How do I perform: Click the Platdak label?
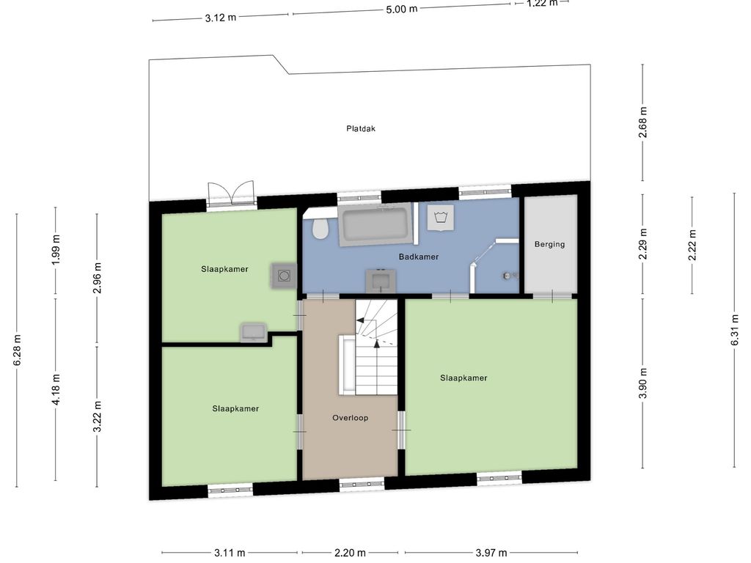pos(361,128)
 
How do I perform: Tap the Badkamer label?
pos(419,257)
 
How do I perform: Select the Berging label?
pos(549,244)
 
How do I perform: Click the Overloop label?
pos(350,418)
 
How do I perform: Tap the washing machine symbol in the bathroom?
pos(441,218)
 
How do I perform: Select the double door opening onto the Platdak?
pos(231,194)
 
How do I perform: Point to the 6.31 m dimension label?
pos(734,329)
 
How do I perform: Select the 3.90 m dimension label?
pos(642,383)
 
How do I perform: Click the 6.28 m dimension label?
pos(17,350)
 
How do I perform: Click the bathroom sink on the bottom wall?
pos(381,279)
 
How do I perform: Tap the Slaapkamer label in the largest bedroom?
pos(464,378)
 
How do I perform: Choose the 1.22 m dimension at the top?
pos(542,3)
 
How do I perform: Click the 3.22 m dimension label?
pos(96,416)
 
